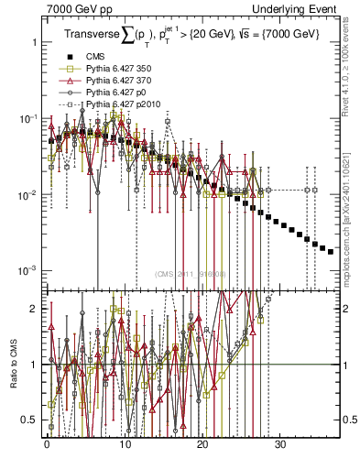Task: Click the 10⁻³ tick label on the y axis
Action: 25,271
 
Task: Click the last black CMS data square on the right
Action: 331,251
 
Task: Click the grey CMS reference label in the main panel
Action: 189,273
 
